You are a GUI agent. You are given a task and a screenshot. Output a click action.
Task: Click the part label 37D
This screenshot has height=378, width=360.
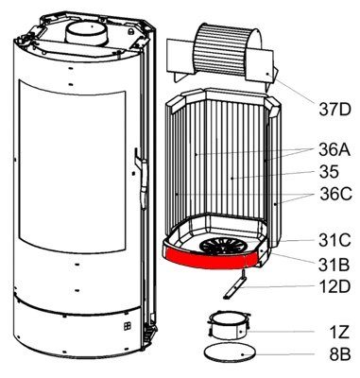click(334, 110)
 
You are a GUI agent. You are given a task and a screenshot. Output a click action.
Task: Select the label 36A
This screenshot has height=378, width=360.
click(334, 150)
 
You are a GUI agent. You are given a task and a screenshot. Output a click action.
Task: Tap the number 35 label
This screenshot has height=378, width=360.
click(329, 172)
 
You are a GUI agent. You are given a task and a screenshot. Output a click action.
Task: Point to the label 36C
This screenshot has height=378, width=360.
click(335, 194)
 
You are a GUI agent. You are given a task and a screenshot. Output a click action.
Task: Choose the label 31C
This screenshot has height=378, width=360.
click(334, 241)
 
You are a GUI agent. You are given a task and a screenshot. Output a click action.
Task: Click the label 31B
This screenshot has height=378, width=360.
click(334, 265)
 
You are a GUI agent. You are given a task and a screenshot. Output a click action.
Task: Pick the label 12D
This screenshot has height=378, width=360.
click(334, 287)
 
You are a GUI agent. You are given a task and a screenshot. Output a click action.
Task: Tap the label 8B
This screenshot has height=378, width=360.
click(340, 354)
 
